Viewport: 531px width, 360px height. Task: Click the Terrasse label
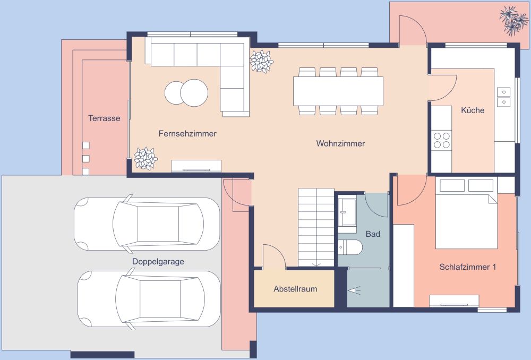(104, 118)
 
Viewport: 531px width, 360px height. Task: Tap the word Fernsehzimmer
(187, 134)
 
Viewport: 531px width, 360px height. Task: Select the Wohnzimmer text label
(340, 143)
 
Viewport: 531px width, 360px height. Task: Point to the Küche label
(473, 110)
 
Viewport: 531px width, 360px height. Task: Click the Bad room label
(373, 234)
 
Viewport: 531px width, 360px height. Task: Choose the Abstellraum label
(295, 289)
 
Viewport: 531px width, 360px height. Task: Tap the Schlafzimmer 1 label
(467, 267)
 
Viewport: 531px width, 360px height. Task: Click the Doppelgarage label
(158, 262)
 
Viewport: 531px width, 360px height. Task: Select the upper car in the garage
(147, 224)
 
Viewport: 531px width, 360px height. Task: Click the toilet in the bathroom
(350, 247)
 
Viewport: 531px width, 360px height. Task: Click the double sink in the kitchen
(503, 97)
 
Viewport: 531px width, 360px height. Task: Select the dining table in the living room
(338, 91)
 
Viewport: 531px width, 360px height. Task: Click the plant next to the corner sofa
(261, 62)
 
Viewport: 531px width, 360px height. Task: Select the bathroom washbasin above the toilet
(348, 212)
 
